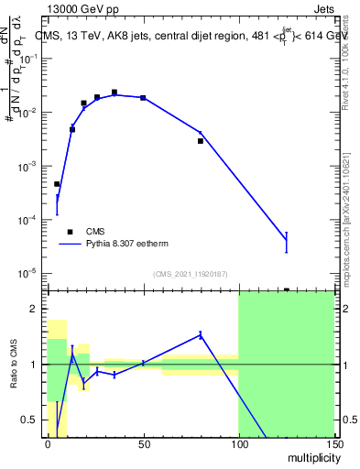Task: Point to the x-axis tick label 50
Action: pyautogui.click(x=143, y=444)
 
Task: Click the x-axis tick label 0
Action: pyautogui.click(x=48, y=444)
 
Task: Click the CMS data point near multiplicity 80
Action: pyautogui.click(x=201, y=141)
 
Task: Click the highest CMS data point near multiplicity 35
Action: pyautogui.click(x=115, y=93)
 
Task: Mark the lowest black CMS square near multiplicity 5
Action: pyautogui.click(x=57, y=184)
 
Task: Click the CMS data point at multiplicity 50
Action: pyautogui.click(x=143, y=97)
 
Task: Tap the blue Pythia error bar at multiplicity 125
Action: pyautogui.click(x=286, y=242)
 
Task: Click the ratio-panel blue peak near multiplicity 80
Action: pyautogui.click(x=201, y=334)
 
